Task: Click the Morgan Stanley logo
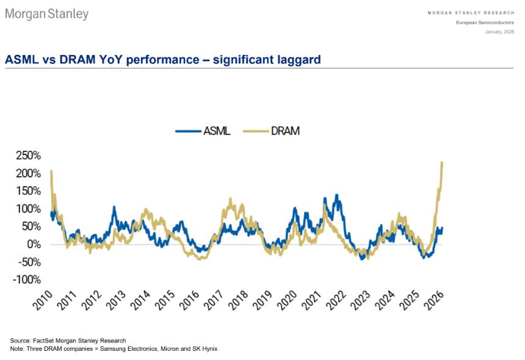tap(47, 13)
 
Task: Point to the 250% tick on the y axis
tap(28, 156)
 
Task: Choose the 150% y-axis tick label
tap(28, 191)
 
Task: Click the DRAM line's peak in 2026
tap(441, 162)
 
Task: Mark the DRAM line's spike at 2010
tap(51, 171)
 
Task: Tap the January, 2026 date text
tap(499, 31)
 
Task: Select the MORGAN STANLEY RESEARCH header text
tap(470, 12)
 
